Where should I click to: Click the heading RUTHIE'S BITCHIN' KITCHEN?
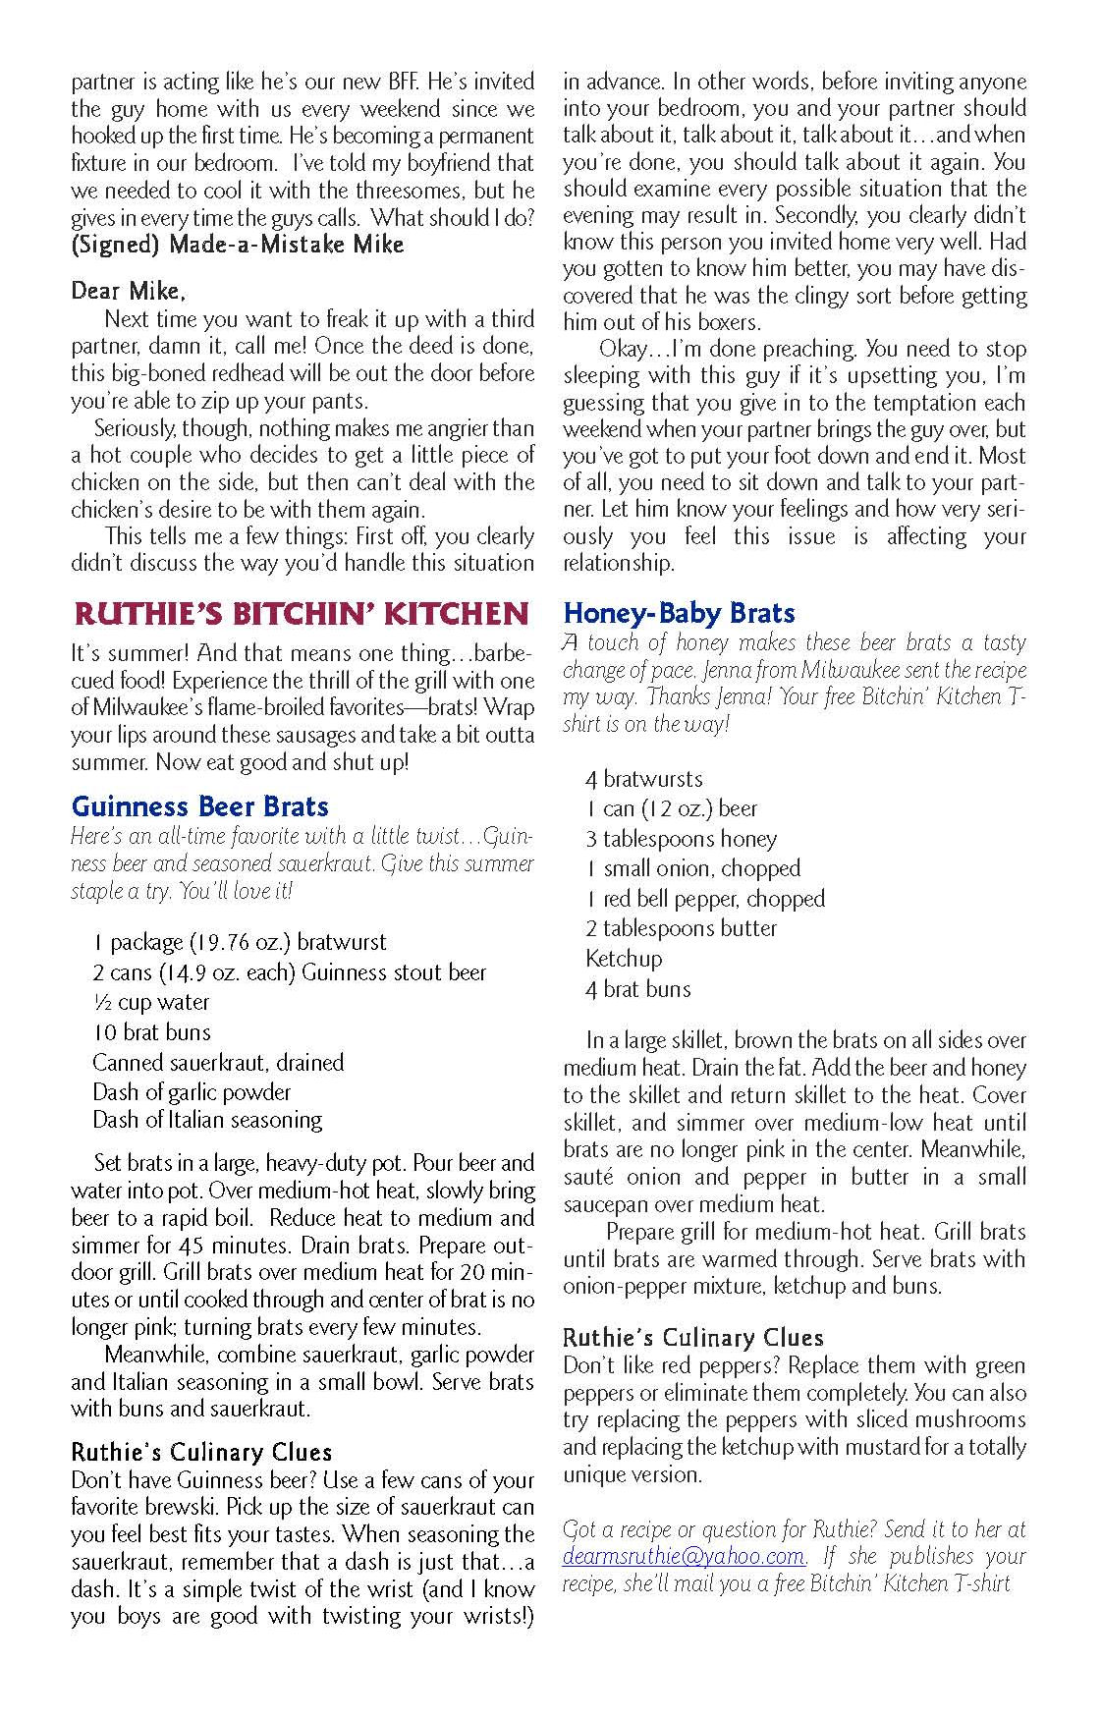(302, 615)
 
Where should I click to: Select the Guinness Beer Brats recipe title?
(200, 807)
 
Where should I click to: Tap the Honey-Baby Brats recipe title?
(679, 614)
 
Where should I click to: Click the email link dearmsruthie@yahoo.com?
(684, 1556)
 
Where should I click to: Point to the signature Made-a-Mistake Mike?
(286, 245)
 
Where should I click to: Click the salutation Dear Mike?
(128, 291)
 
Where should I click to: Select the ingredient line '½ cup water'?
(150, 1003)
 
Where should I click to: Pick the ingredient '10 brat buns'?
(151, 1032)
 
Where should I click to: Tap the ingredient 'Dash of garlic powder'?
(192, 1091)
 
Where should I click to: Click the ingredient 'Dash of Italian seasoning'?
(207, 1120)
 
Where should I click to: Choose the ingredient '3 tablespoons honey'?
(681, 839)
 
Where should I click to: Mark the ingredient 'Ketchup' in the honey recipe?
(624, 959)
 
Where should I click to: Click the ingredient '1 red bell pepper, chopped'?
(705, 899)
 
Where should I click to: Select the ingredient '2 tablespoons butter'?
(682, 928)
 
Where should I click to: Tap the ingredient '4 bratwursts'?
(644, 780)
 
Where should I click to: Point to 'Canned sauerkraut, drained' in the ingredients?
(218, 1062)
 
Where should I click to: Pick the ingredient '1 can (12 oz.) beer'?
(672, 809)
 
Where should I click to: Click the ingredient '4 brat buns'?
(638, 989)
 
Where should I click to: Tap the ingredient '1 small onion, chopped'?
(692, 868)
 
